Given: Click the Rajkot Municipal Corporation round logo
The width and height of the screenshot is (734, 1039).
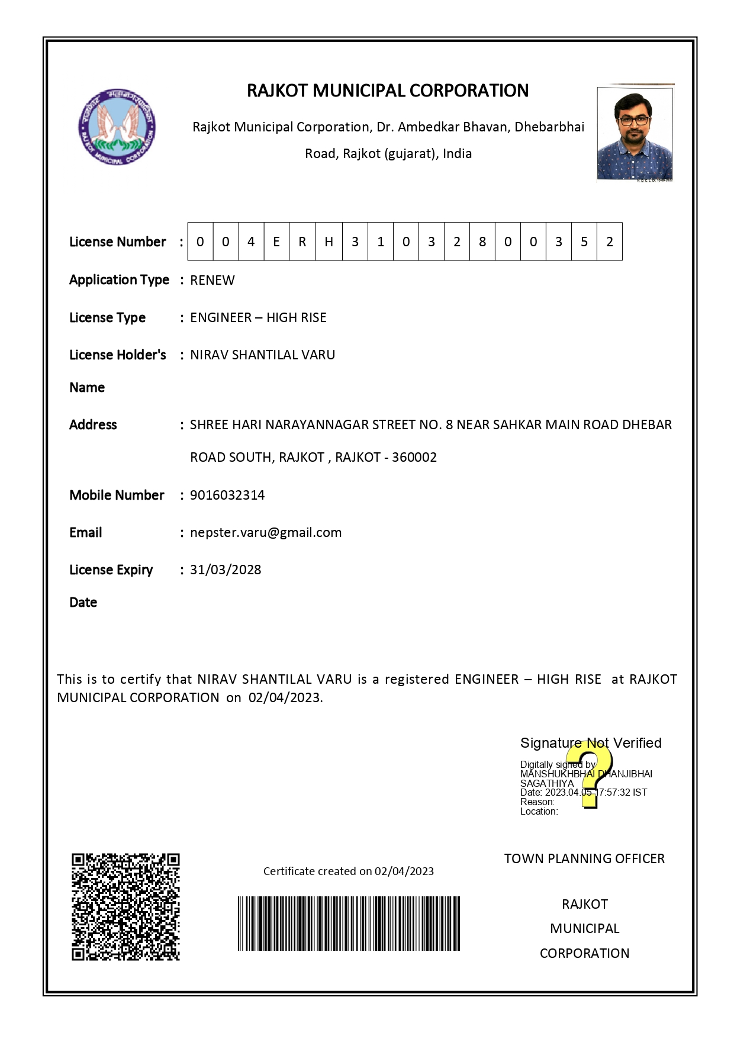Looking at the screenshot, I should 118,127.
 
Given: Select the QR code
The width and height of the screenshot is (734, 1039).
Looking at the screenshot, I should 125,906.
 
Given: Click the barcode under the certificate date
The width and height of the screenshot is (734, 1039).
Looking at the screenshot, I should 349,923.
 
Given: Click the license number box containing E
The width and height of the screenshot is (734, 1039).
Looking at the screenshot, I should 276,242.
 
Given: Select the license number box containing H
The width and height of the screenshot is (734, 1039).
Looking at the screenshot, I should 329,242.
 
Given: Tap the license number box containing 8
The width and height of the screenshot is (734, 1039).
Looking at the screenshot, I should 482,242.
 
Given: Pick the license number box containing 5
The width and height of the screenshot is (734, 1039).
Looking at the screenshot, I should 584,242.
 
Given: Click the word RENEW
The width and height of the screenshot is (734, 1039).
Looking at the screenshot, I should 212,280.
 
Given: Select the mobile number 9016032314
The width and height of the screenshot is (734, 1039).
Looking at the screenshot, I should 227,495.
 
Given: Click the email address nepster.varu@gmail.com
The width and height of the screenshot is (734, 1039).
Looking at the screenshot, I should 266,532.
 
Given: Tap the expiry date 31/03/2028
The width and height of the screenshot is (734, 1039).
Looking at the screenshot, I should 226,570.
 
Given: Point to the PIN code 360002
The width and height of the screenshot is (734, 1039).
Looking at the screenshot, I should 414,457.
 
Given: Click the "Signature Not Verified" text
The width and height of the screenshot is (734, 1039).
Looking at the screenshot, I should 590,743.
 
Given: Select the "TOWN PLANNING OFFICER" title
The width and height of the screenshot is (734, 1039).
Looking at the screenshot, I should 584,858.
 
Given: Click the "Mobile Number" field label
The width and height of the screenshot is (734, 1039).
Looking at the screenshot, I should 117,495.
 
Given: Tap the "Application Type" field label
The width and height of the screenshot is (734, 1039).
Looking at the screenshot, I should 119,279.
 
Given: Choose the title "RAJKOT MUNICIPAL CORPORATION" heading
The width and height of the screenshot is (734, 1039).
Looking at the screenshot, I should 388,91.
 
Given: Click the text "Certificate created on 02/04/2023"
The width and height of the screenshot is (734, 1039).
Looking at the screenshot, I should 348,871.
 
